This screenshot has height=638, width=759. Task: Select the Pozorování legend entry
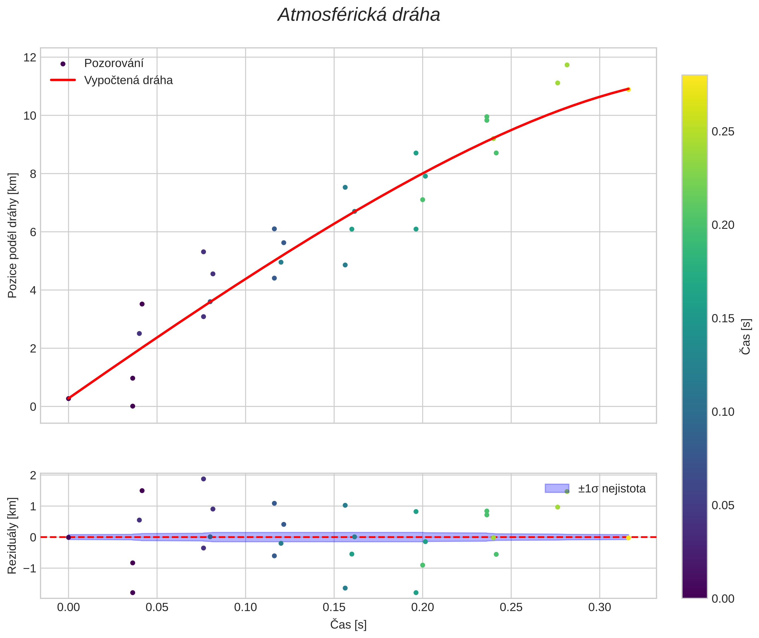(x=114, y=63)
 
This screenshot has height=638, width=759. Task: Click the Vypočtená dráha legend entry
(x=128, y=80)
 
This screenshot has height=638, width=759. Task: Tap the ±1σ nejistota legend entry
(x=611, y=489)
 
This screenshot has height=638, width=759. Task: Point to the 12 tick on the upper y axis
(x=30, y=57)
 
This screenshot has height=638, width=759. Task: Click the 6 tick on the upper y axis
(x=33, y=232)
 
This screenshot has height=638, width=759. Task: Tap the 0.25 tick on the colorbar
(x=723, y=132)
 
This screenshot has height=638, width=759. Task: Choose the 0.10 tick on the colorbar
(x=723, y=412)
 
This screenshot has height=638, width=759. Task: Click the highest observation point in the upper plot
(x=567, y=65)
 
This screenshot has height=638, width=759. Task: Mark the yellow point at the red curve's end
(x=628, y=89)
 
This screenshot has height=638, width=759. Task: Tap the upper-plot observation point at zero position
(x=133, y=406)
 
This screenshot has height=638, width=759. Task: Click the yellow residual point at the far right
(x=628, y=538)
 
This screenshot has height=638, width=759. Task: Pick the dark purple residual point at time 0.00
(x=68, y=537)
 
